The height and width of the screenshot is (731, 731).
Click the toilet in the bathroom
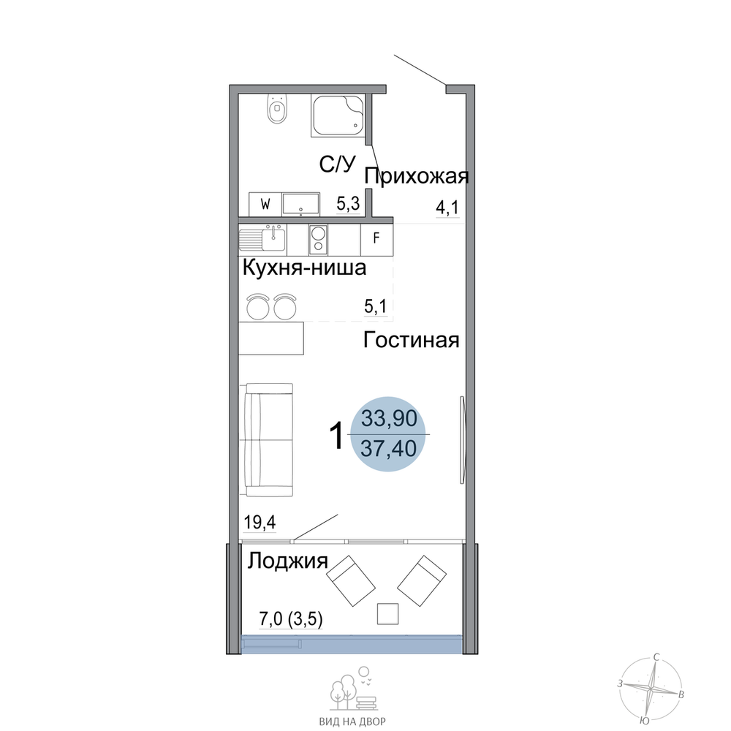tap(277, 109)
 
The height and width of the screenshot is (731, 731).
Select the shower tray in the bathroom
tap(338, 115)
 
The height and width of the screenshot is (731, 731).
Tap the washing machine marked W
tap(265, 204)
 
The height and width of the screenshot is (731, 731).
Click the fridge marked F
tap(376, 239)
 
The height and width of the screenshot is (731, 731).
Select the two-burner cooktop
tap(319, 239)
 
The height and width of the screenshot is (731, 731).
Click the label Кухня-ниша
tap(304, 268)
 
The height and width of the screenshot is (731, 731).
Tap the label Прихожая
tap(417, 177)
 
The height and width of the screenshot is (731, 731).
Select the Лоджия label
tap(287, 561)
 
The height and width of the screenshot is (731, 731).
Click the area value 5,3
tap(348, 204)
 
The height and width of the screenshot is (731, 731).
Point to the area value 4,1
tap(447, 208)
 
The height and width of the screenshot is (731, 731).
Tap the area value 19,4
tap(260, 522)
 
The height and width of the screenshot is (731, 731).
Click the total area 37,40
tap(389, 449)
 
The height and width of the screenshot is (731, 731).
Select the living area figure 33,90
tap(390, 418)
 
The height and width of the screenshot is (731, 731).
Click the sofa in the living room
tap(266, 439)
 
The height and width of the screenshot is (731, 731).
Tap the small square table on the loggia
tap(387, 613)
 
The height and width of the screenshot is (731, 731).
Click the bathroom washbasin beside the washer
tap(300, 204)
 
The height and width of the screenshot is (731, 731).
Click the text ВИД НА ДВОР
tap(352, 721)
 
